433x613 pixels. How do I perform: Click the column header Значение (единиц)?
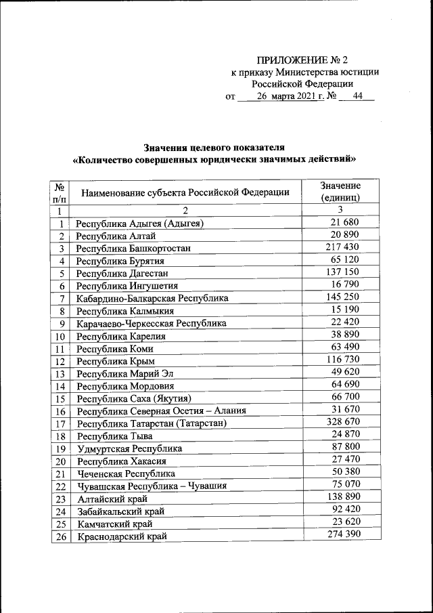[x=340, y=192]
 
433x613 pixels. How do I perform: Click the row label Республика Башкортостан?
[x=133, y=248]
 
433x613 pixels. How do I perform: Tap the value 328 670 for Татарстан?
[x=342, y=422]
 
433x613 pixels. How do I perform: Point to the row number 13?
[x=61, y=373]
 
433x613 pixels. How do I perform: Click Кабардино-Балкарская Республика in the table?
[x=152, y=298]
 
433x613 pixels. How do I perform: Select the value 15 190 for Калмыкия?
[x=344, y=310]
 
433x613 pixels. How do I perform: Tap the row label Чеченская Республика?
[x=126, y=473]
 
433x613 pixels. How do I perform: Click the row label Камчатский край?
[x=114, y=524]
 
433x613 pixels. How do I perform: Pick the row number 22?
[x=61, y=486]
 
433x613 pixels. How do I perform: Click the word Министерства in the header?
[x=304, y=72]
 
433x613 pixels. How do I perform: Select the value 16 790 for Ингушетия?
[x=344, y=284]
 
